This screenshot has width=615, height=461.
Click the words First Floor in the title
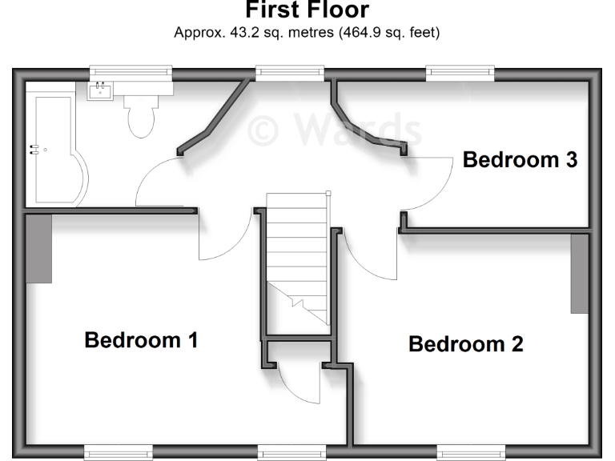pos(307,10)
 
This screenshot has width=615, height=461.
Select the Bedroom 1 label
pos(141,340)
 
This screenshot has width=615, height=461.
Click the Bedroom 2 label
pos(465,344)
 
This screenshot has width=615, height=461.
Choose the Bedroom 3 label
pos(520,160)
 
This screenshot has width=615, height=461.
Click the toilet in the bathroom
pos(141,116)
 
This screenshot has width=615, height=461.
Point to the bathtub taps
pos(34,148)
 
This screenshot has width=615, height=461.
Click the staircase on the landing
pos(298,256)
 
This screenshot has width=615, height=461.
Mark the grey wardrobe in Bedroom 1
pos(38,248)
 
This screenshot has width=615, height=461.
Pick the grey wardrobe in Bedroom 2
pos(579,273)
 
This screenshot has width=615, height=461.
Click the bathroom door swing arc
pos(160,180)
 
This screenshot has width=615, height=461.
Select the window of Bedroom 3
pos(460,74)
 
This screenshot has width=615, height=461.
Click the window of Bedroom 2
pos(470,453)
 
